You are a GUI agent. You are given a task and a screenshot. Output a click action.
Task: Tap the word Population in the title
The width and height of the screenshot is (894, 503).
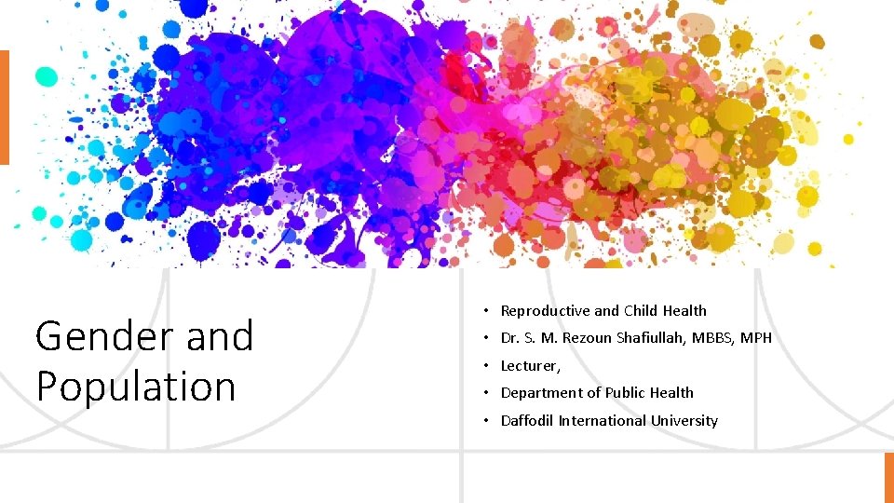pos(136,387)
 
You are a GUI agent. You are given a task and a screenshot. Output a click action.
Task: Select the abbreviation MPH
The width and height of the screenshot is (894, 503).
pos(757,338)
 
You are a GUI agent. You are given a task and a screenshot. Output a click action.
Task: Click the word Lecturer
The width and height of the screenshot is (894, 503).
pos(529,366)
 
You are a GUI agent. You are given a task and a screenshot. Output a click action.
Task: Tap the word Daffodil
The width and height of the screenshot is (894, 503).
pos(527,421)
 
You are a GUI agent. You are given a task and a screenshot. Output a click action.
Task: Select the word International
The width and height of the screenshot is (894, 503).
pos(602,421)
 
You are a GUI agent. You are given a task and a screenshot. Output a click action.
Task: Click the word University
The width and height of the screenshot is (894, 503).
pos(684,421)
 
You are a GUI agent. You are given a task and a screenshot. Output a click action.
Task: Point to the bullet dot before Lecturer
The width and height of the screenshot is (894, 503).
pos(486,366)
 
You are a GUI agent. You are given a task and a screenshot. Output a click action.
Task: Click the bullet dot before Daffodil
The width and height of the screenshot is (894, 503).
pos(486,421)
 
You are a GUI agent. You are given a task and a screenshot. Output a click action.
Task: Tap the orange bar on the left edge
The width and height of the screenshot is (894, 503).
pos(4,107)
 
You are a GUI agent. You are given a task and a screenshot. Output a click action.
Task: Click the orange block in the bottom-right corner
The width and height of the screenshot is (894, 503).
pos(888,478)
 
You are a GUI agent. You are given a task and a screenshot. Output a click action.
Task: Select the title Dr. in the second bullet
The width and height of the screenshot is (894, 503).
pos(509,338)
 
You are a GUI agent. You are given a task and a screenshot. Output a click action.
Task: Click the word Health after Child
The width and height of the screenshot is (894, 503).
pos(684,311)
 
